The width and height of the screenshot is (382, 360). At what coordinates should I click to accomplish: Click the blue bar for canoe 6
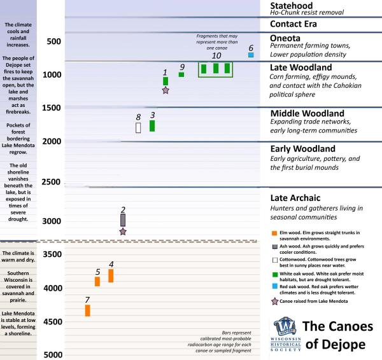pos(251,56)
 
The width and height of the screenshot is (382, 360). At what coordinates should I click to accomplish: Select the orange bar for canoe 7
pos(87,310)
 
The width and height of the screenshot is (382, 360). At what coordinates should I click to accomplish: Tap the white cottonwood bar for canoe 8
pos(138,127)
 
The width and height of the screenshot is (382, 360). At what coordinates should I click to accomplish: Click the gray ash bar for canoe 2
pos(123,219)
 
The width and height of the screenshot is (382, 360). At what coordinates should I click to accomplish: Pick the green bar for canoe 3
pos(152,125)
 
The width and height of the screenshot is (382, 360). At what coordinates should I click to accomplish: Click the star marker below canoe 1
pos(166,91)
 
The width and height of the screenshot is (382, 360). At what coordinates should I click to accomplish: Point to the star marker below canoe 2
pos(123,232)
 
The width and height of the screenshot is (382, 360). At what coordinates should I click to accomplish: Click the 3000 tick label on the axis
pos(52,221)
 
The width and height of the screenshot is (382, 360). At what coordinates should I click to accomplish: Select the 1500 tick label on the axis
pos(52,108)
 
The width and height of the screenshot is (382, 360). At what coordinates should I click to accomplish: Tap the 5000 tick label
pos(52,355)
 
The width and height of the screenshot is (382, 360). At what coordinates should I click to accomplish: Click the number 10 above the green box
pos(216,56)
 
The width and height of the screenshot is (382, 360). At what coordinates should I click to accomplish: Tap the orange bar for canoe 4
pos(111,275)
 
